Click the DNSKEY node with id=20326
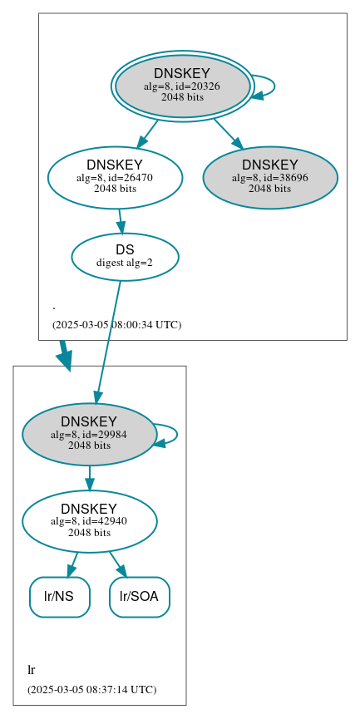tap(182, 86)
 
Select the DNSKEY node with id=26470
tap(115, 177)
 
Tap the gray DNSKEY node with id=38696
tap(270, 177)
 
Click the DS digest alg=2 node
tap(125, 256)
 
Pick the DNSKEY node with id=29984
tap(89, 434)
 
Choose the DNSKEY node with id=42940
tap(89, 521)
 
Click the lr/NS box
tap(60, 597)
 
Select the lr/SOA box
tap(140, 597)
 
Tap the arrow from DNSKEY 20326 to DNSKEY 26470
tap(147, 133)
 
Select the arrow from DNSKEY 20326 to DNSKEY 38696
tap(227, 133)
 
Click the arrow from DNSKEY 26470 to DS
tap(121, 220)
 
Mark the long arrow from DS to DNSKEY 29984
tap(109, 341)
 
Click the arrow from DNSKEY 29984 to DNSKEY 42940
tap(89, 478)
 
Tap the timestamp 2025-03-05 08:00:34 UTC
tap(116, 324)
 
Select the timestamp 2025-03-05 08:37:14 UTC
tap(91, 689)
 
